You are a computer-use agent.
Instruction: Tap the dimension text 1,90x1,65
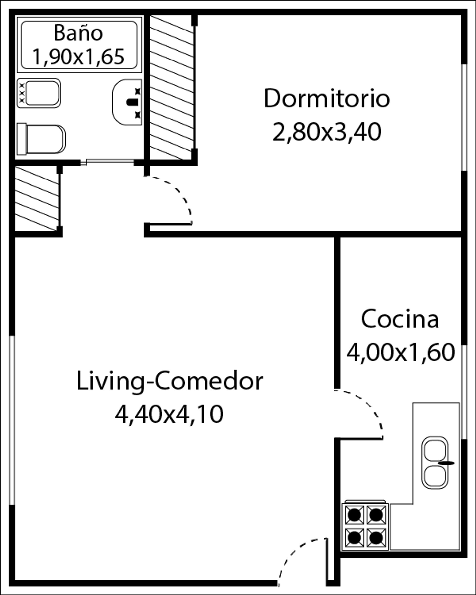tap(78, 57)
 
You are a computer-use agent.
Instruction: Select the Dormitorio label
tap(327, 98)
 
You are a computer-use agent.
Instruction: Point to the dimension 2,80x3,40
tap(327, 132)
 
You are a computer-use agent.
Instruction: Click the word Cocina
tap(400, 319)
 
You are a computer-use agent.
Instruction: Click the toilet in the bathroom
tap(41, 139)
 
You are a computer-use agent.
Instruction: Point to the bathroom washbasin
tap(127, 102)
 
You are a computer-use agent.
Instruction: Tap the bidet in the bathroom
tap(39, 93)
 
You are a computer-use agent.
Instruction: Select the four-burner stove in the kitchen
tap(365, 526)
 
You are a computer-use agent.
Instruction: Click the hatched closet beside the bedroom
tap(172, 88)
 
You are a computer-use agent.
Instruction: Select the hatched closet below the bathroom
tap(37, 198)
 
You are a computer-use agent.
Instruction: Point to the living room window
tap(12, 420)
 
